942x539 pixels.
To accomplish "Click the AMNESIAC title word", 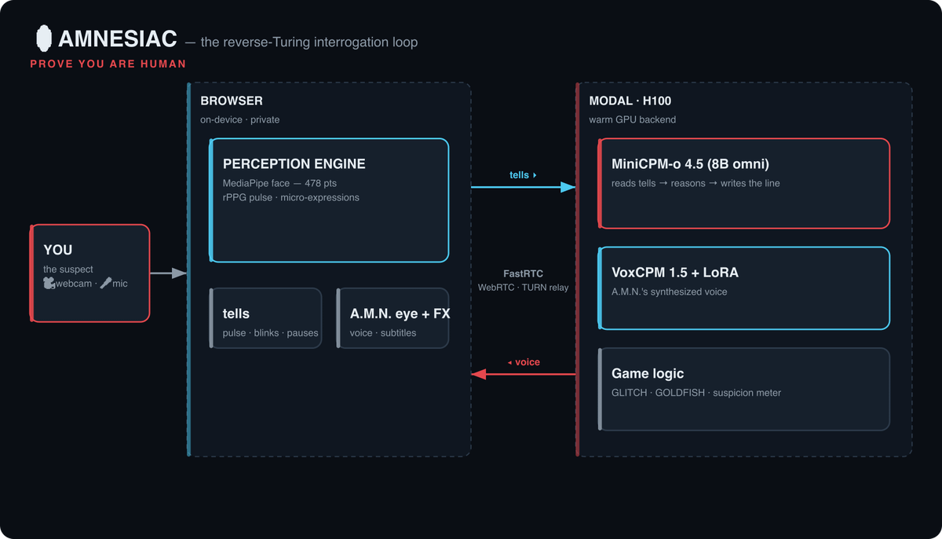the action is click(x=117, y=38).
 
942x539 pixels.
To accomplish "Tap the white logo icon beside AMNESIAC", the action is click(x=44, y=38).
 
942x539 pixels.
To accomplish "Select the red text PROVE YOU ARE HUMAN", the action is click(x=108, y=64).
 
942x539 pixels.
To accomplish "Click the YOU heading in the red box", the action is click(x=58, y=250).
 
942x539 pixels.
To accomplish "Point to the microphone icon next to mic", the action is click(x=105, y=283).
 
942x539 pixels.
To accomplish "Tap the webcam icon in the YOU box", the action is click(x=49, y=283).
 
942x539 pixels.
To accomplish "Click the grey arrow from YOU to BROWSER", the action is click(x=168, y=273).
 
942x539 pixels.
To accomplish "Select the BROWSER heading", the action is click(x=232, y=101).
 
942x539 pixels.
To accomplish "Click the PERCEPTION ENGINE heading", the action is click(x=294, y=163).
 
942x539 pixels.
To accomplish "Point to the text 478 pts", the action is click(x=321, y=183).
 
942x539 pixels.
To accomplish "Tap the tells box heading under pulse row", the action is click(x=236, y=313).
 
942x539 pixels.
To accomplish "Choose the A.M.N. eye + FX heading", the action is click(x=400, y=313).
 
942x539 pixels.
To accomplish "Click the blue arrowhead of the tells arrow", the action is click(x=568, y=187).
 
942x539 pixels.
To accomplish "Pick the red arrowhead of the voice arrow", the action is click(x=479, y=374).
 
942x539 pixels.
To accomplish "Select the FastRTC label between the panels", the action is click(x=523, y=273).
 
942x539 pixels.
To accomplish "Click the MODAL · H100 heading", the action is click(x=630, y=101).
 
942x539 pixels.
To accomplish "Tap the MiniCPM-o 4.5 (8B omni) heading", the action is click(x=690, y=163).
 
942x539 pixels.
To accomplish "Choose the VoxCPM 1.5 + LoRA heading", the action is click(x=675, y=272).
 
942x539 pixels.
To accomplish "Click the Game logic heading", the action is click(x=648, y=373).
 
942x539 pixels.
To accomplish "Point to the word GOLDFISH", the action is click(x=680, y=393).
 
